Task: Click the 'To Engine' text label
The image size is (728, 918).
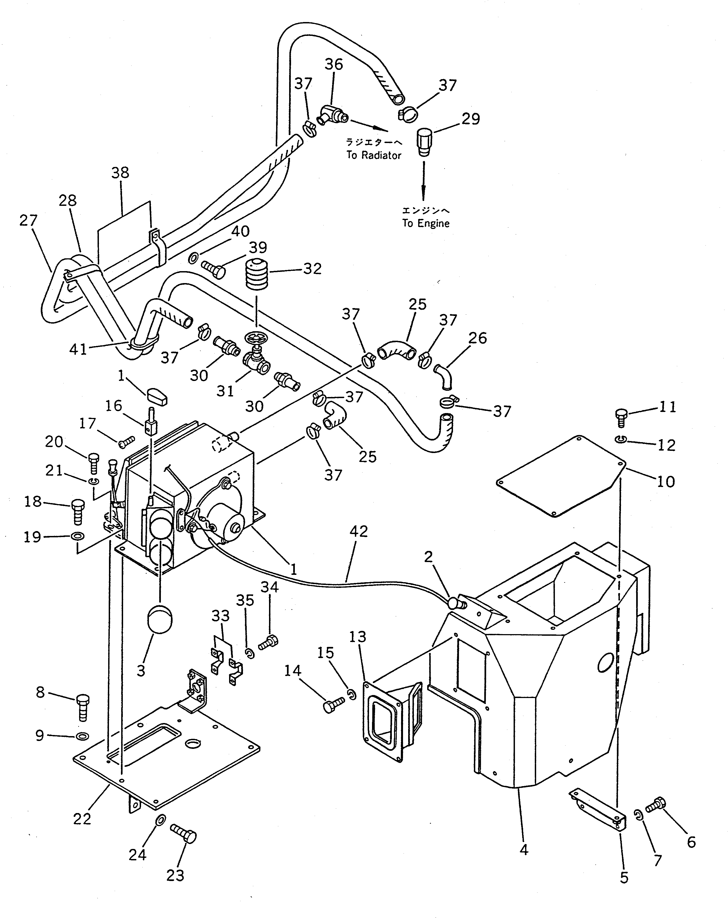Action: click(x=426, y=223)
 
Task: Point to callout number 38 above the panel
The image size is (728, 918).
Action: click(x=120, y=173)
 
